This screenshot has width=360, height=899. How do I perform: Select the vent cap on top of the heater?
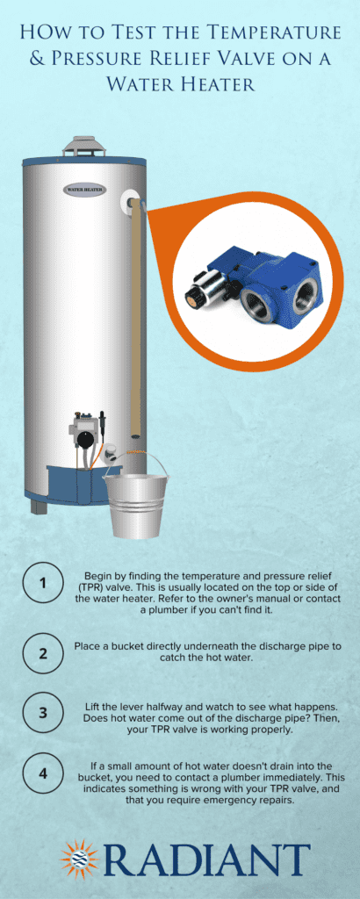[x=84, y=147]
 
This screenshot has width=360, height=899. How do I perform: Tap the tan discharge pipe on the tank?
[x=134, y=316]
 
